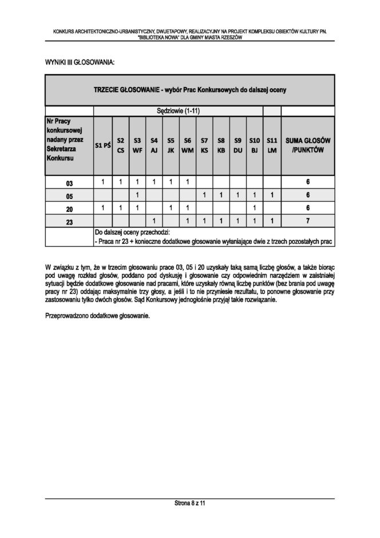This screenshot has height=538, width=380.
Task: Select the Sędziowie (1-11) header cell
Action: [178, 111]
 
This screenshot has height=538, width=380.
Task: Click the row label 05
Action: [69, 196]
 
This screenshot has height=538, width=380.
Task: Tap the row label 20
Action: [69, 209]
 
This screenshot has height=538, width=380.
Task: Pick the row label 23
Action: [69, 222]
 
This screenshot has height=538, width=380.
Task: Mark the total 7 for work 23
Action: [308, 222]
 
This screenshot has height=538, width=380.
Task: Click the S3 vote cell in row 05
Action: [137, 196]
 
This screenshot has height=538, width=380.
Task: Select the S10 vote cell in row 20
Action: [255, 209]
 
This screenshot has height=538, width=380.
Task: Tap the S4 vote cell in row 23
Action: [154, 222]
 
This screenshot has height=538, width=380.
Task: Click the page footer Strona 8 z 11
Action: [190, 503]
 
